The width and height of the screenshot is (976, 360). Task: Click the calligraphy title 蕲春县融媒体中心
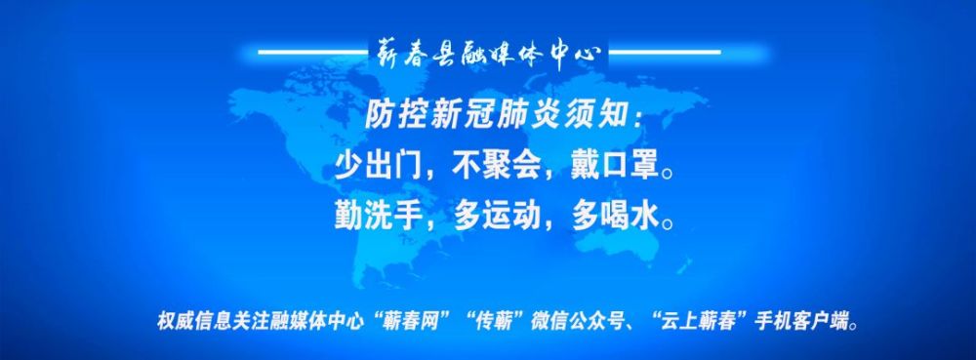pos(488,53)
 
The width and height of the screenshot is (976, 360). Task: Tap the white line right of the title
pos(664,53)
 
